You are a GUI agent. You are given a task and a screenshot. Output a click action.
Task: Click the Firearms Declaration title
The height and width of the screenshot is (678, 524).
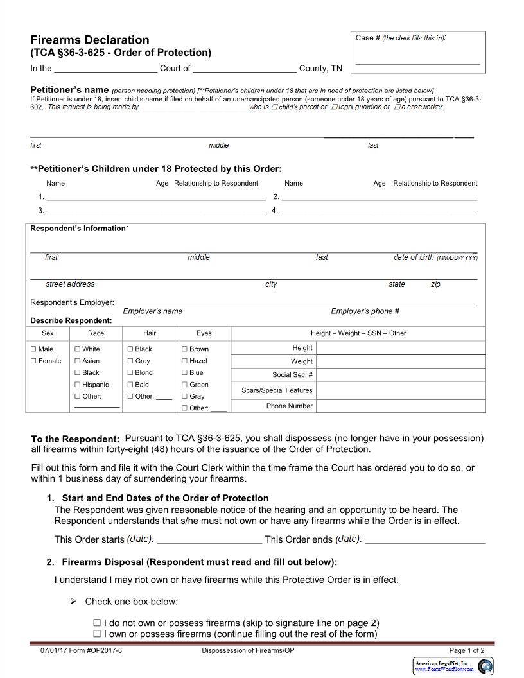pyautogui.click(x=90, y=40)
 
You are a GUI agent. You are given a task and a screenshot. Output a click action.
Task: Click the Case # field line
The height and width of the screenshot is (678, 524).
pyautogui.click(x=417, y=62)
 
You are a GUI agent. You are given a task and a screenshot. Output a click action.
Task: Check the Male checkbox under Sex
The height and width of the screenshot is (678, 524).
pyautogui.click(x=34, y=349)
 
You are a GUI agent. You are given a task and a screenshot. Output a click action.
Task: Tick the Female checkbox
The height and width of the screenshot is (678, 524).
pyautogui.click(x=34, y=361)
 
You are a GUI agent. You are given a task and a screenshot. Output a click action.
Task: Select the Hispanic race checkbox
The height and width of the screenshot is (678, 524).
pyautogui.click(x=78, y=385)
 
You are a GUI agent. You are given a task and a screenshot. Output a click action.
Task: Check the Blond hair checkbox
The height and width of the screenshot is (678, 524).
pyautogui.click(x=130, y=372)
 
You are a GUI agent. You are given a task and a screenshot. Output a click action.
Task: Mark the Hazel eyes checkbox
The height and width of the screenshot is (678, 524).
pyautogui.click(x=185, y=361)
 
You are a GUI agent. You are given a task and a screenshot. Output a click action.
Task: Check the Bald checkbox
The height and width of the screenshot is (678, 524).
pyautogui.click(x=130, y=385)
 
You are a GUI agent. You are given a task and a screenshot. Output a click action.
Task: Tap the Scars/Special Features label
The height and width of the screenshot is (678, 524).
pyautogui.click(x=277, y=390)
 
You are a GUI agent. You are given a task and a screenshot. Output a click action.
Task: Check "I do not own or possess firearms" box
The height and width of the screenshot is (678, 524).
pyautogui.click(x=97, y=623)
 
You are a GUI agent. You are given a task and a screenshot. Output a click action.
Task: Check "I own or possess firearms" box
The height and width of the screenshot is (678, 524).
pyautogui.click(x=97, y=634)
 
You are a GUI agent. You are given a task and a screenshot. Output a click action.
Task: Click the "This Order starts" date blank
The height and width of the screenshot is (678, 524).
pyautogui.click(x=209, y=540)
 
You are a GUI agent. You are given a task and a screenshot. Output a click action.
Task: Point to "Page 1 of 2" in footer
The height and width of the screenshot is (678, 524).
pyautogui.click(x=467, y=650)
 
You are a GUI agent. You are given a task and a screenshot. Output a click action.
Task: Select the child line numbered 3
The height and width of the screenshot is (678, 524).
pyautogui.click(x=155, y=211)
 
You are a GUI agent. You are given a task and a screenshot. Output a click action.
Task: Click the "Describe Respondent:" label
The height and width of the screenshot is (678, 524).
pyautogui.click(x=71, y=320)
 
